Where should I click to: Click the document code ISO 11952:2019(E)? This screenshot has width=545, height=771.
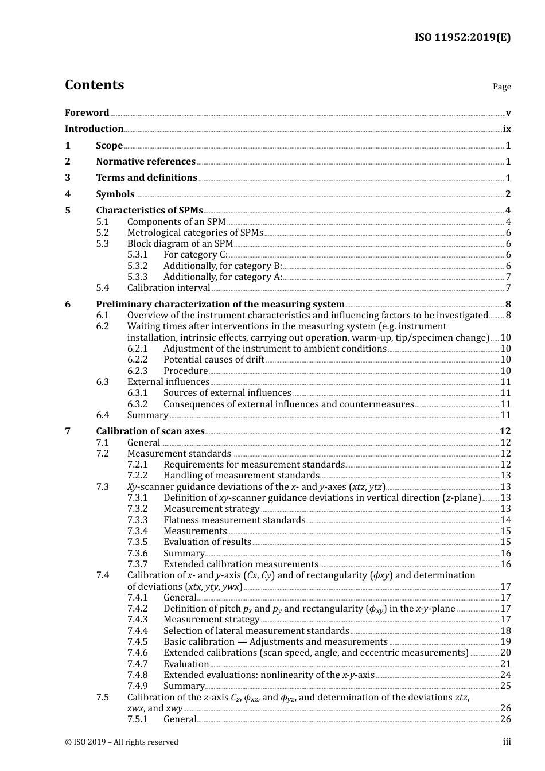(x=462, y=37)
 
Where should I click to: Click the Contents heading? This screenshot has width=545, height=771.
(x=94, y=85)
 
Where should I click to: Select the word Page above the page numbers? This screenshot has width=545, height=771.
(x=501, y=87)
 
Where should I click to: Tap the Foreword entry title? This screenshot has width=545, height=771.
(x=87, y=113)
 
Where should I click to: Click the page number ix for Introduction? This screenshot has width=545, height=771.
(x=507, y=129)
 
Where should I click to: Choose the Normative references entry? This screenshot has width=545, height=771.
(x=146, y=162)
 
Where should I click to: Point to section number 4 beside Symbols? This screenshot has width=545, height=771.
(x=68, y=194)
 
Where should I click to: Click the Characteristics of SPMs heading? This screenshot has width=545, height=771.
(x=149, y=211)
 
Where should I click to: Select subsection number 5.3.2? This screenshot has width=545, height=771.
(x=137, y=266)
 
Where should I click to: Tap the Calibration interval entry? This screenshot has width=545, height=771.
(x=169, y=288)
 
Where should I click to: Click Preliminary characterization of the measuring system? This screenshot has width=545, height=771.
(x=220, y=305)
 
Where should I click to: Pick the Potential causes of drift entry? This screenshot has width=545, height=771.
(x=213, y=360)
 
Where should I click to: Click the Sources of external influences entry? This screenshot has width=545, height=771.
(x=227, y=393)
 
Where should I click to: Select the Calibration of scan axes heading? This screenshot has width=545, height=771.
(x=150, y=431)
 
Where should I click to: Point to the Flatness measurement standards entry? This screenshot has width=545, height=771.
(x=234, y=520)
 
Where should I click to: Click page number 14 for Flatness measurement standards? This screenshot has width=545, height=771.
(x=505, y=520)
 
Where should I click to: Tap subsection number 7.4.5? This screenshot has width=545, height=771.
(x=137, y=642)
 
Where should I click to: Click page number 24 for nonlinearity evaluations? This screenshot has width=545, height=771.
(x=505, y=675)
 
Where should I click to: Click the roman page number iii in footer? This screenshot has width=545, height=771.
(x=507, y=742)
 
